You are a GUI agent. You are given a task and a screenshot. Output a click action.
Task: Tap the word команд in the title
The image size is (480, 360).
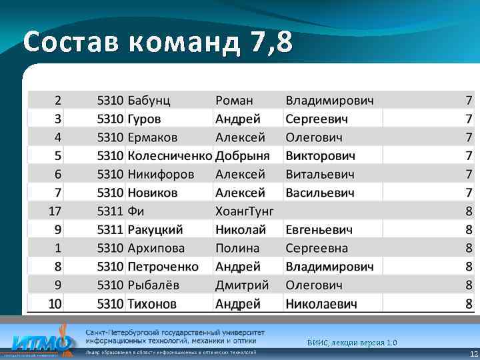176,43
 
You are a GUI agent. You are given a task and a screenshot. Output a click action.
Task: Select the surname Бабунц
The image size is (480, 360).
149,101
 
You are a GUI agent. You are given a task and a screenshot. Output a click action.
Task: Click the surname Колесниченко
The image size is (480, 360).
169,156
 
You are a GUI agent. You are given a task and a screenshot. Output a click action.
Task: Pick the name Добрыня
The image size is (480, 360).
242,156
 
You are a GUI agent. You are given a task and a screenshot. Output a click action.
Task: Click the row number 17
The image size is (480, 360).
55,211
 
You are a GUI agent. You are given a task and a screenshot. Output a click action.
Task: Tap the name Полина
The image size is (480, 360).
237,248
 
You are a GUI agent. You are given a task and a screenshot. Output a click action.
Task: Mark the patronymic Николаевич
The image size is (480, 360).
321,304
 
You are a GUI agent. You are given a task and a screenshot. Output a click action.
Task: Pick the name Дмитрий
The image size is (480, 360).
242,285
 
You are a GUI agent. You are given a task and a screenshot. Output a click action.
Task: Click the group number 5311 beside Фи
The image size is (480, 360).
110,211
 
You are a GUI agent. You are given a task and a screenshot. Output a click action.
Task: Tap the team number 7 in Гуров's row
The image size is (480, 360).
469,119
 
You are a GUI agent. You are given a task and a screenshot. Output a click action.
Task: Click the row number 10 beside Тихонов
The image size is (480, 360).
55,304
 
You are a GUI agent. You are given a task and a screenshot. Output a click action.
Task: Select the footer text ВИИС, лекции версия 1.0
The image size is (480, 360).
352,343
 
